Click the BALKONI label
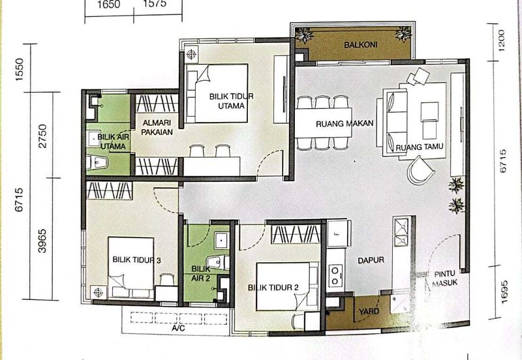(358, 45)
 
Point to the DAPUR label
(370, 260)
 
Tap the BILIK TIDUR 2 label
(273, 287)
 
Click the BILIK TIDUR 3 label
(135, 260)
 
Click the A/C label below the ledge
(178, 330)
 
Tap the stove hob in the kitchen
(336, 274)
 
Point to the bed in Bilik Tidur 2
(287, 286)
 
